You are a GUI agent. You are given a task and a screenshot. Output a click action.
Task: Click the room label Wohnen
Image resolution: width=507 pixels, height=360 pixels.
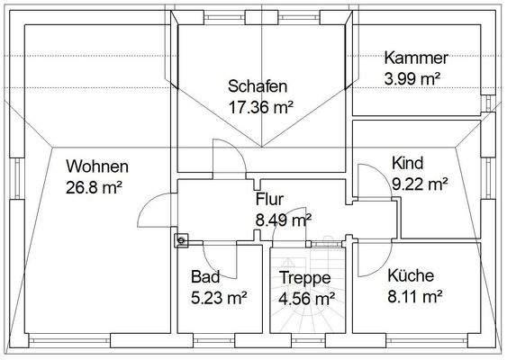coord(97,166)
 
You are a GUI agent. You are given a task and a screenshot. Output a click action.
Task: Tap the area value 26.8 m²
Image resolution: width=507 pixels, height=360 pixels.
coord(94,187)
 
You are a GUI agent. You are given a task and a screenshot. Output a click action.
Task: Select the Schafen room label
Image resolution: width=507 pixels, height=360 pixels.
coord(258,87)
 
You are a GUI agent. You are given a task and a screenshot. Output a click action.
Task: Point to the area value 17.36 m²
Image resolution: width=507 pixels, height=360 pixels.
coord(261,108)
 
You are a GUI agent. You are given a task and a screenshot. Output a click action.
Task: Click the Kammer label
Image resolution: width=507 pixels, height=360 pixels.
coord(415,58)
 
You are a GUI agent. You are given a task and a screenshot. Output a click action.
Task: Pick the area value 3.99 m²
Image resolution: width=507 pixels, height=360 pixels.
coord(412,77)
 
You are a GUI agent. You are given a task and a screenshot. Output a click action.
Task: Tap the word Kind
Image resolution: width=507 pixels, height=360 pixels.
coord(407,163)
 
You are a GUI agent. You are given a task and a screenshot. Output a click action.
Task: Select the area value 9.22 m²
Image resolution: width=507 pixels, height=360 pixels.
coord(420,184)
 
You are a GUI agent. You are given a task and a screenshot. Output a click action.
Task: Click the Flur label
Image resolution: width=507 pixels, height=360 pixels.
coord(270,199)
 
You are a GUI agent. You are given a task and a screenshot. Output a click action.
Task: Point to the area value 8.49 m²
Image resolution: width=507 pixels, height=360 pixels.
coord(284,219)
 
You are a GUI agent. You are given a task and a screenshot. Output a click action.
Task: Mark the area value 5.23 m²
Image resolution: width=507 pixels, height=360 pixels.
coord(218,296)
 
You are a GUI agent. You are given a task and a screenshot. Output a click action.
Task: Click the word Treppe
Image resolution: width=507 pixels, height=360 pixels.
coord(304,278)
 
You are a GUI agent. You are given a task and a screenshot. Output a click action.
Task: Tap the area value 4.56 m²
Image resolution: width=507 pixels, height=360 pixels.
coord(306,298)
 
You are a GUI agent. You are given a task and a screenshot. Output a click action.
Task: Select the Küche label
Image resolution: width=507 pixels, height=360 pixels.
coord(411,275)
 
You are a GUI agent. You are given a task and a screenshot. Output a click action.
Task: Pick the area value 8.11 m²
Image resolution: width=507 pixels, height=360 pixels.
coord(413,295)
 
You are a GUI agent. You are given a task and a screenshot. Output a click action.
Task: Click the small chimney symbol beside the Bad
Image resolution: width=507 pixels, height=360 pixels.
coord(181,239)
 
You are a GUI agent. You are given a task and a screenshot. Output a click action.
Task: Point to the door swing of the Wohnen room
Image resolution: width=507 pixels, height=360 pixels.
coord(155,212)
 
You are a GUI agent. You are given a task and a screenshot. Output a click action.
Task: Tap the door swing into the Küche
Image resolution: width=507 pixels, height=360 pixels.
coord(367,260)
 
